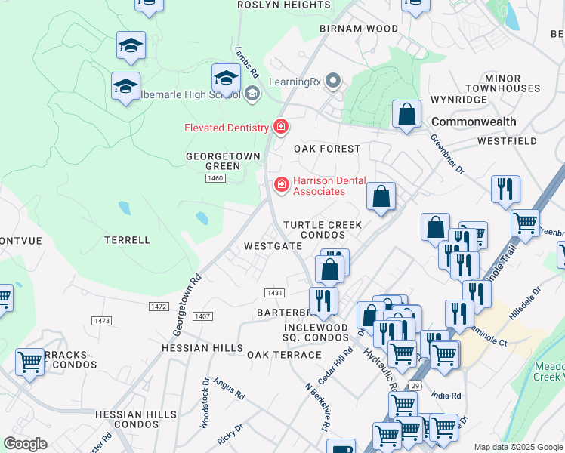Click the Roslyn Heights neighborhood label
coord(273,5)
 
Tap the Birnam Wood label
coord(359,29)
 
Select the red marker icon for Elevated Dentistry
coord(281,126)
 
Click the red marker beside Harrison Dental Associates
coord(282,183)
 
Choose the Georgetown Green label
coord(223,161)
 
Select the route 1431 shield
coord(274,292)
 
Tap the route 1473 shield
coord(101,321)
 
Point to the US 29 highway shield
coord(415,386)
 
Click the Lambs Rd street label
coord(247,64)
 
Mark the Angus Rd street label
coord(229,390)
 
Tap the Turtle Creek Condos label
coord(323,230)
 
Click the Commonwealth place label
coord(474,122)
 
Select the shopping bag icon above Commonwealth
coord(406,115)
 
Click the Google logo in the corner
coord(26,444)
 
